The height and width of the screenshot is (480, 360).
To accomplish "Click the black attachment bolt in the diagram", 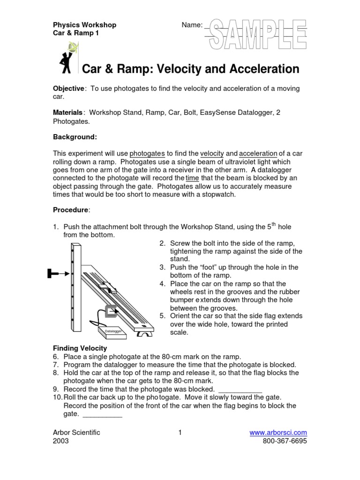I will point(55,273).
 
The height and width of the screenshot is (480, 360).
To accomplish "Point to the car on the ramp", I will point(106,287).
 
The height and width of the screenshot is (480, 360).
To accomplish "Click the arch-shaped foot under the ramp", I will point(144,334).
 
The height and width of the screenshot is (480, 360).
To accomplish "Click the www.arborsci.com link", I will point(278,433).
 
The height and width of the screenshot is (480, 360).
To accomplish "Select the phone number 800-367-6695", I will point(285,442).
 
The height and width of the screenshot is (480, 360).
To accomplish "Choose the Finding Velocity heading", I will point(80,348).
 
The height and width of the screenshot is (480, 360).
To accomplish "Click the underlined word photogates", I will point(147,153).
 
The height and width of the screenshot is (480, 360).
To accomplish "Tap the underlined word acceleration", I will point(258,153).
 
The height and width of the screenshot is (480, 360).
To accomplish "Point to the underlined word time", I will point(192,179).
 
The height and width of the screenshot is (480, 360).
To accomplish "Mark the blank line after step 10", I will point(102,415).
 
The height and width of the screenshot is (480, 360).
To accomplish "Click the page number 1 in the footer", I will point(180,433).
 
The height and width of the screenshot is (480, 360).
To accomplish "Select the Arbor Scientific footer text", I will point(76,433).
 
